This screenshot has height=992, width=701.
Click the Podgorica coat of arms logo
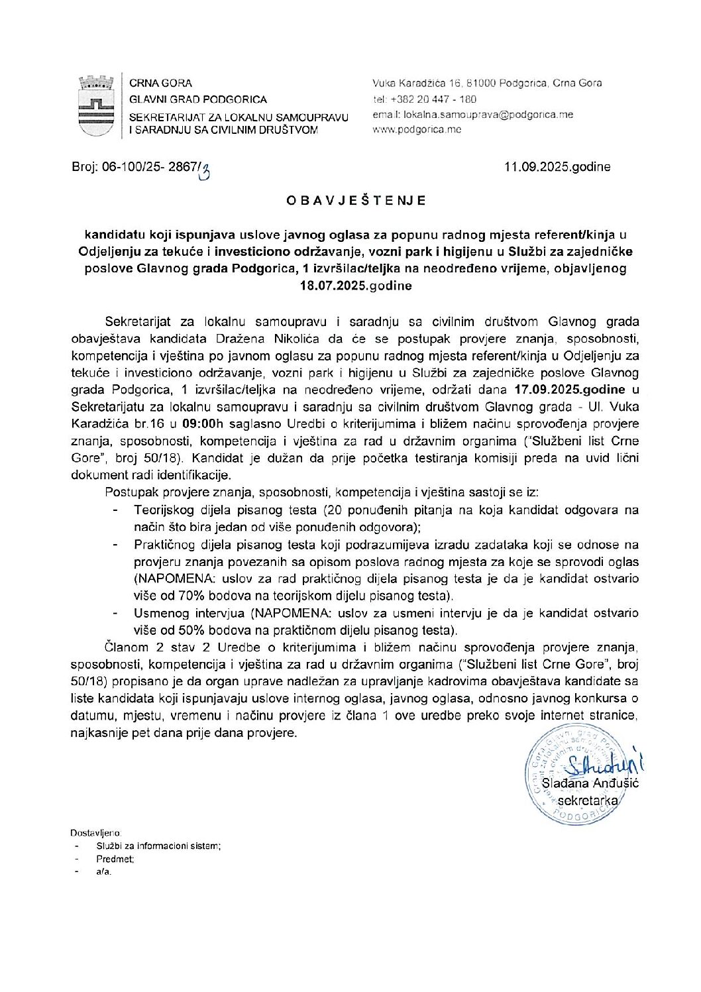[x=96, y=106]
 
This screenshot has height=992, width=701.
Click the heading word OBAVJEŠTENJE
[x=356, y=200]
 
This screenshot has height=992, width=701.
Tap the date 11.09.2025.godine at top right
[x=557, y=167]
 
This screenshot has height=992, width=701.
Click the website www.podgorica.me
[x=417, y=130]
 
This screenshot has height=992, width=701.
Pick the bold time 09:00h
[x=199, y=423]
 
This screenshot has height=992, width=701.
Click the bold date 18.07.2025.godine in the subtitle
[x=356, y=286]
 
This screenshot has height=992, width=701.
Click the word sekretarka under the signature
[x=588, y=800]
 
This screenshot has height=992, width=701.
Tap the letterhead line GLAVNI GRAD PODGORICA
[x=198, y=99]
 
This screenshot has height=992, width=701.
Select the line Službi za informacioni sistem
[x=158, y=846]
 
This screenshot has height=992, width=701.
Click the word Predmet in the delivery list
[x=115, y=859]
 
